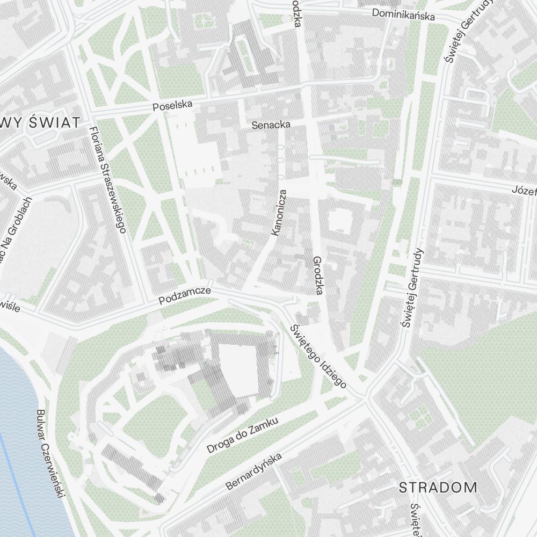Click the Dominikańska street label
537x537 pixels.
(x=403, y=14)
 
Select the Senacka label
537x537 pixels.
(x=271, y=125)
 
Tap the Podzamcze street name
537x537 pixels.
(x=185, y=296)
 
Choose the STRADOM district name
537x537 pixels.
(x=438, y=488)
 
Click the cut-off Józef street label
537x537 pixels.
(x=524, y=190)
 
